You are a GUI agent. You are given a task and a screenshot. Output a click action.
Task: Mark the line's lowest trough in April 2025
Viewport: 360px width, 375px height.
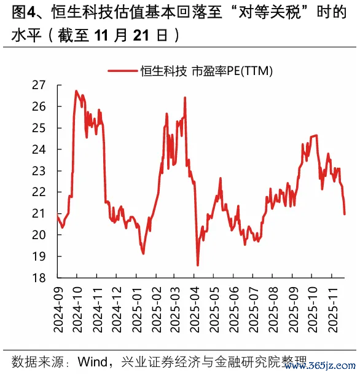point(198,265)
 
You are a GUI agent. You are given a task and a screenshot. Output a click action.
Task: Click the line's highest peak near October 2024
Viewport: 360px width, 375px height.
point(76,91)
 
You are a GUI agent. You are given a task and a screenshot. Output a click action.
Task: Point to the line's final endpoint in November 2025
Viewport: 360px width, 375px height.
point(345,214)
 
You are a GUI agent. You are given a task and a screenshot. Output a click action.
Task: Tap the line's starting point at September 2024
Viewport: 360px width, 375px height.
point(57,215)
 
